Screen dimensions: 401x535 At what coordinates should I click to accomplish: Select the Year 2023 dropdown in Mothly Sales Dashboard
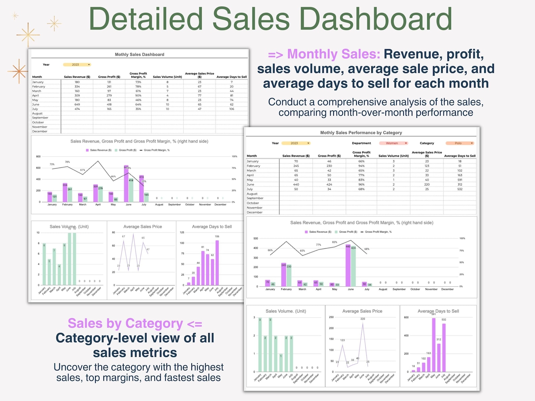(x=77, y=65)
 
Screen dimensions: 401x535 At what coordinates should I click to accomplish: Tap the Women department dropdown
(x=394, y=143)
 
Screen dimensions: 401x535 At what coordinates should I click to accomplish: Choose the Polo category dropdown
(x=460, y=143)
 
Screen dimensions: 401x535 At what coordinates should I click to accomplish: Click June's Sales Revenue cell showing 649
(x=77, y=104)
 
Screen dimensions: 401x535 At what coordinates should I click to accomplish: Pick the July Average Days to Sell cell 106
(x=231, y=109)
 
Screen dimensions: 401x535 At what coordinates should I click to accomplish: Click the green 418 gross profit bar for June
(x=131, y=190)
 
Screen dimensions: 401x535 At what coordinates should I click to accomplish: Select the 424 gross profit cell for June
(x=329, y=185)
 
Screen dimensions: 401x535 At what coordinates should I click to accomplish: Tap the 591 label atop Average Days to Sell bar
(x=434, y=314)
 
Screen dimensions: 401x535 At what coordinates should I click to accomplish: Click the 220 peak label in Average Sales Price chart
(x=363, y=319)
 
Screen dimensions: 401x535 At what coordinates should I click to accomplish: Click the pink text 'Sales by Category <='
(x=135, y=323)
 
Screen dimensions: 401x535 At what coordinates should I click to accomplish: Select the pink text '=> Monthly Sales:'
(x=324, y=54)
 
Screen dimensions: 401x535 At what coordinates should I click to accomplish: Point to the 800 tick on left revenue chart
(x=38, y=157)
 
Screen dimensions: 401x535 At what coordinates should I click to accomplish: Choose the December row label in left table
(x=40, y=131)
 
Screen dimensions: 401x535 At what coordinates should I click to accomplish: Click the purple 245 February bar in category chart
(x=284, y=274)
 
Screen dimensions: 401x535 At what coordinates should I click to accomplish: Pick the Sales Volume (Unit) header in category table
(x=393, y=156)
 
